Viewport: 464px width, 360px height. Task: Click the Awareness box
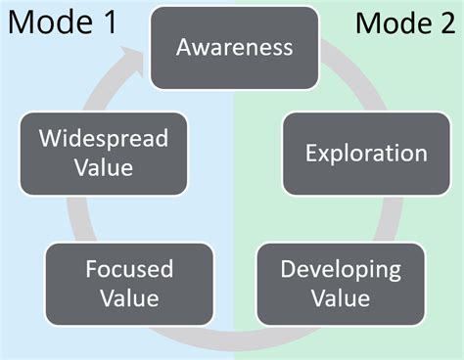coord(234,47)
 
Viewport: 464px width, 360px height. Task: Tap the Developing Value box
coord(340,284)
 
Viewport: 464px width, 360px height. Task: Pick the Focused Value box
coord(129,284)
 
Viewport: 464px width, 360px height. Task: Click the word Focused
coord(129,269)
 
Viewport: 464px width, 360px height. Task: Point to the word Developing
coord(341,269)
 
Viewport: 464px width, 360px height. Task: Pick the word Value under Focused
coord(129,298)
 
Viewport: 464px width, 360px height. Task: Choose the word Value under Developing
coord(341,298)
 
